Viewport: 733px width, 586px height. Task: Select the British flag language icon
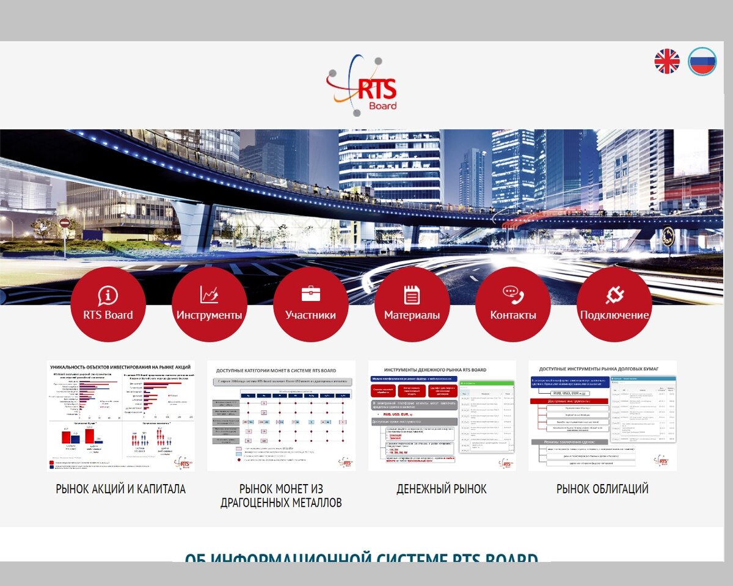coord(667,62)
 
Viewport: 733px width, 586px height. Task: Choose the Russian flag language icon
coord(702,62)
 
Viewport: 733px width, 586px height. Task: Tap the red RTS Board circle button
coord(108,305)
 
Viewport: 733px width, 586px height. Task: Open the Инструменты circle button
coord(210,305)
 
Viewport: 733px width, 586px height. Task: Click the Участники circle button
coord(311,305)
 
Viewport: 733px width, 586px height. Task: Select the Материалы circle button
coord(412,305)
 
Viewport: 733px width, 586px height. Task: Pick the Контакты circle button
coord(513,305)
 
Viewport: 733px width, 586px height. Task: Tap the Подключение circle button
coord(614,305)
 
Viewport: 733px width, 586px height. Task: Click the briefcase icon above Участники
coord(311,294)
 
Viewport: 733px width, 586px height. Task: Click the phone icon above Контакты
coord(513,295)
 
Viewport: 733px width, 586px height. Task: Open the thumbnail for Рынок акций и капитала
coord(120,416)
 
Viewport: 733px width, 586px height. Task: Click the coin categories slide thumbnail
coord(281,416)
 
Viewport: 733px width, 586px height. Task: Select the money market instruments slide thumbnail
coord(442,416)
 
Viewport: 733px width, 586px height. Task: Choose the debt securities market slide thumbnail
coord(602,416)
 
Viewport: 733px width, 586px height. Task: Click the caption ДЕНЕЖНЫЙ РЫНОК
coord(442,489)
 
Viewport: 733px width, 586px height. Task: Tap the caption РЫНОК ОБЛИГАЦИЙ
coord(602,489)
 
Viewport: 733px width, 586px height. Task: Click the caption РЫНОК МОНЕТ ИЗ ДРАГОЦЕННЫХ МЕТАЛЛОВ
coord(281,496)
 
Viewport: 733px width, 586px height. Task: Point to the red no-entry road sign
coord(64,223)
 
